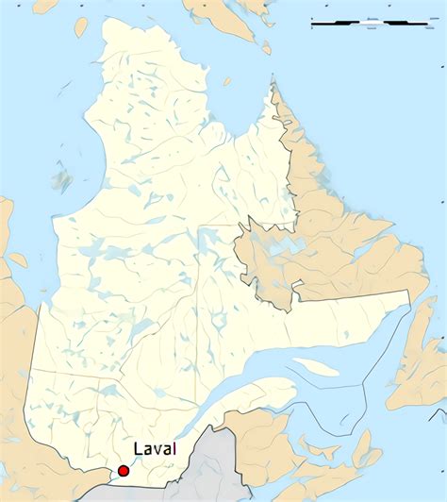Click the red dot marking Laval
click(123, 470)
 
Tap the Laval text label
click(155, 450)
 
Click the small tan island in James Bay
click(18, 259)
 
